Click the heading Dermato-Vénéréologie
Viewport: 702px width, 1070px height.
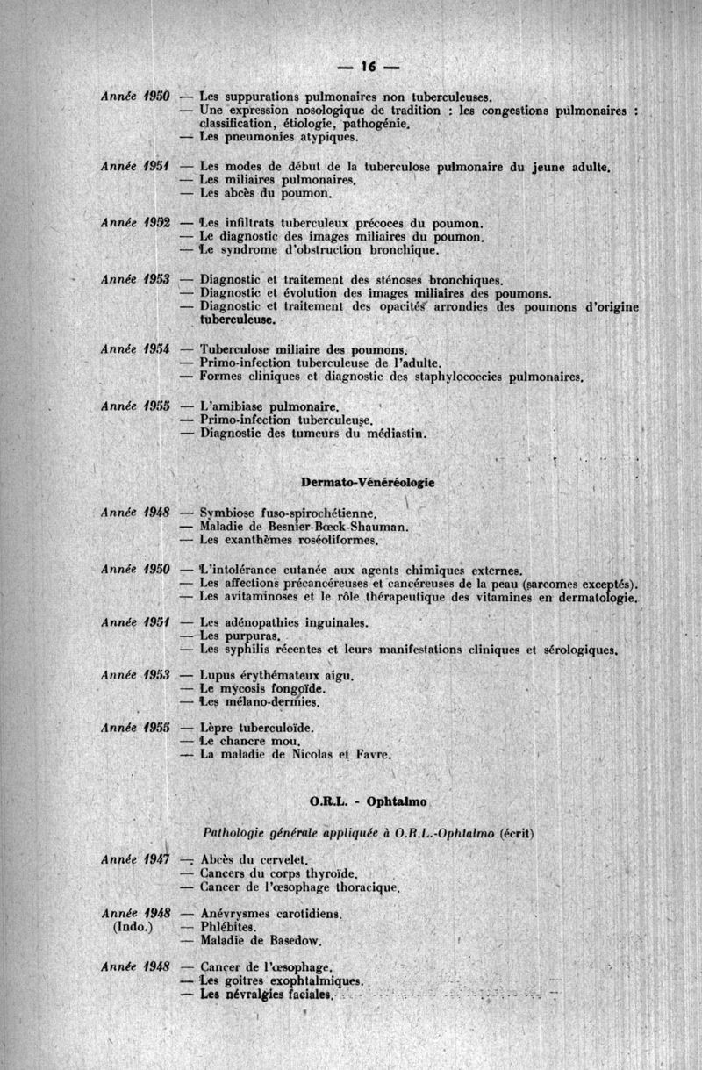368,483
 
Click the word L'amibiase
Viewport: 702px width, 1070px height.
234,407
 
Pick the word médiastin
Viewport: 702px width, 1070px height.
390,434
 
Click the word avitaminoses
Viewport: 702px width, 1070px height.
267,597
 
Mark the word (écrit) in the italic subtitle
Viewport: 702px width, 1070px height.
517,833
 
